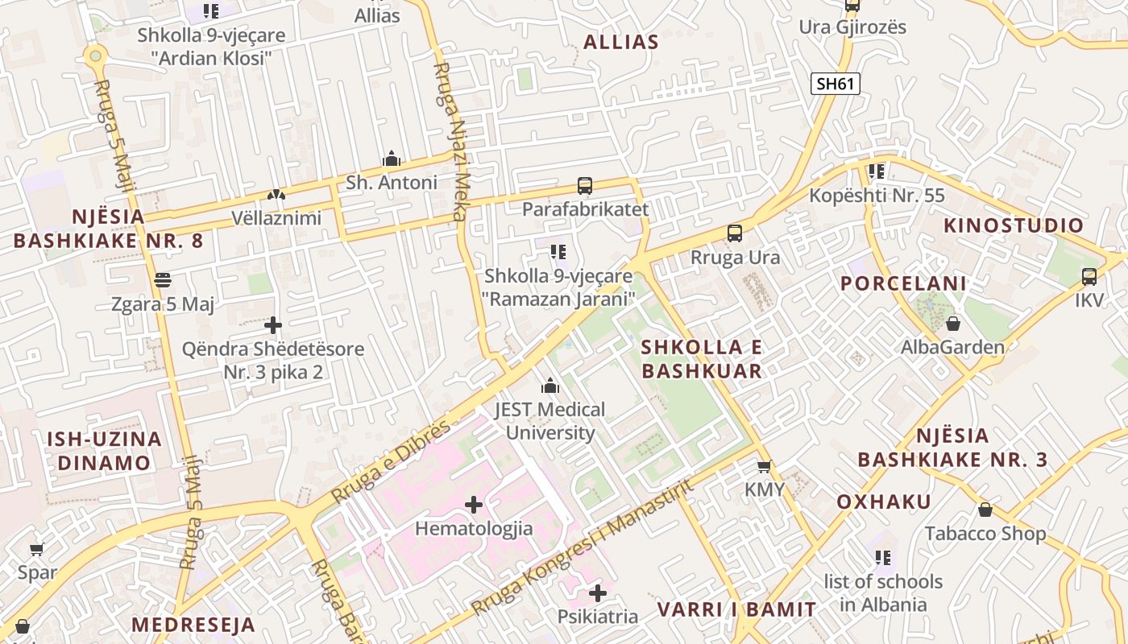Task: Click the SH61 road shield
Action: pyautogui.click(x=835, y=84)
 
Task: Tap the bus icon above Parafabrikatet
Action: pyautogui.click(x=585, y=186)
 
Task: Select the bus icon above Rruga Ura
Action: pyautogui.click(x=735, y=233)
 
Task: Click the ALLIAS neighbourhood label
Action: pyautogui.click(x=620, y=43)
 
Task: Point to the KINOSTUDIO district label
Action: pyautogui.click(x=1014, y=225)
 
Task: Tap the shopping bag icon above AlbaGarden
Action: pyautogui.click(x=953, y=324)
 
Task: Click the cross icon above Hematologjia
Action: pyautogui.click(x=474, y=505)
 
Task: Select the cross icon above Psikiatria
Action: pyautogui.click(x=597, y=593)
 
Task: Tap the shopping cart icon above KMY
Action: pyautogui.click(x=764, y=466)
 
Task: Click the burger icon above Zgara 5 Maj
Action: pyautogui.click(x=163, y=280)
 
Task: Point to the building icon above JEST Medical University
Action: pyautogui.click(x=550, y=386)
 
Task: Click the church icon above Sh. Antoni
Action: pyautogui.click(x=392, y=159)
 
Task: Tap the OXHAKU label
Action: pyautogui.click(x=884, y=502)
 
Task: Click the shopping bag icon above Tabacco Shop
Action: pyautogui.click(x=985, y=510)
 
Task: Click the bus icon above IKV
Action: pyautogui.click(x=1089, y=276)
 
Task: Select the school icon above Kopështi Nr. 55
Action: pyautogui.click(x=877, y=171)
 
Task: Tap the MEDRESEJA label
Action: pyautogui.click(x=193, y=625)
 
